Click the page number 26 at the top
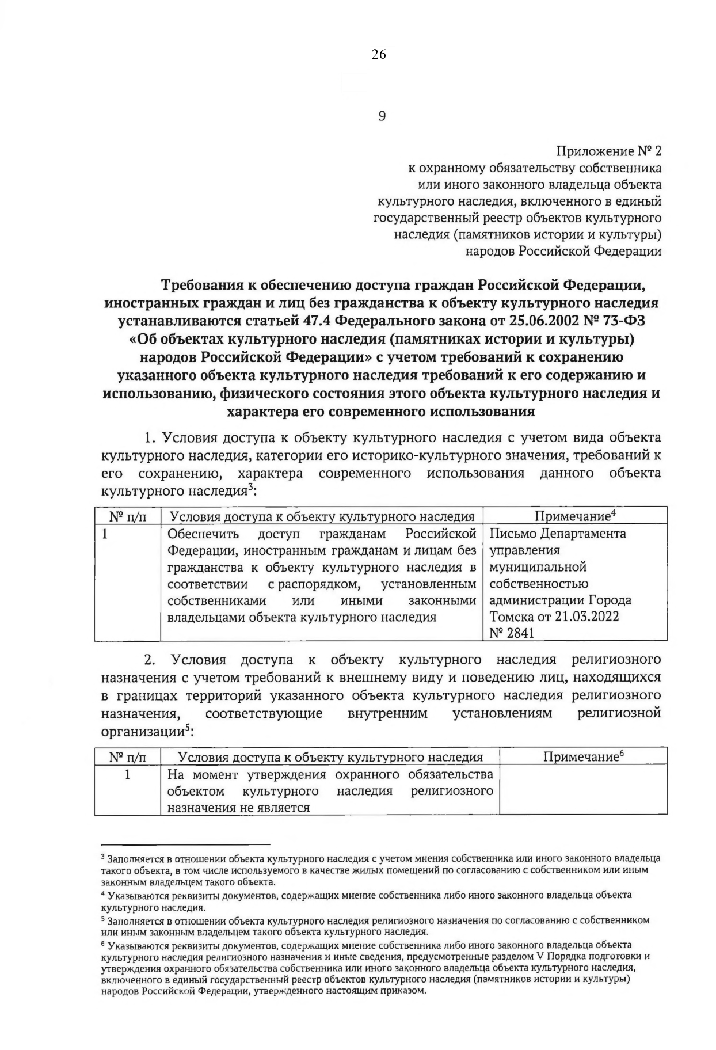[x=379, y=55]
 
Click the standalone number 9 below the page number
[x=382, y=116]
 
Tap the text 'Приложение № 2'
[x=608, y=151]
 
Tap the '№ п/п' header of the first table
[x=127, y=516]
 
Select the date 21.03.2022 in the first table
[x=587, y=617]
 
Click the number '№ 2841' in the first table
[x=512, y=633]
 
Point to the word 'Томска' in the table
[x=512, y=617]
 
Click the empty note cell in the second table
[x=583, y=790]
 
